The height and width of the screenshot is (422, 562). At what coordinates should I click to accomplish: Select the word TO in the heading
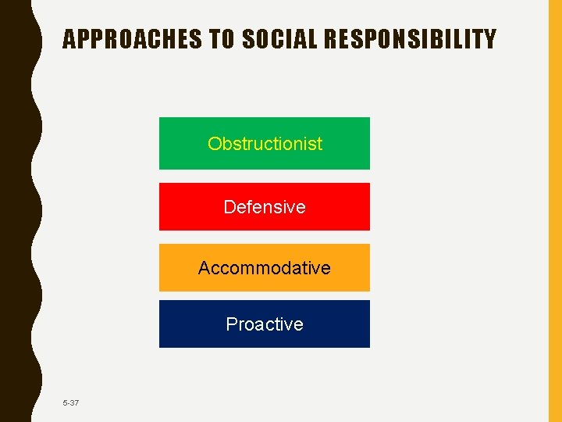tap(218, 39)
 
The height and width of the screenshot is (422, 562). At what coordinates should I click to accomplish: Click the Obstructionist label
tap(265, 144)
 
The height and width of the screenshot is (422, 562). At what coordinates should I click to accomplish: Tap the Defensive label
tap(265, 207)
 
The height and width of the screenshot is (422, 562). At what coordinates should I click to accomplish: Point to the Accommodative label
tap(265, 268)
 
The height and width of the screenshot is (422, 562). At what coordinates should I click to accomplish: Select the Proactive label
tap(265, 324)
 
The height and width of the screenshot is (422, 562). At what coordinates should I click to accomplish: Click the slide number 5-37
tap(71, 402)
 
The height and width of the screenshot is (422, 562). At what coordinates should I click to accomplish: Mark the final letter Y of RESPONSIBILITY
tap(489, 39)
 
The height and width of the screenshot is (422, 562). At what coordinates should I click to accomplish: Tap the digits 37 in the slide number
tap(74, 402)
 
